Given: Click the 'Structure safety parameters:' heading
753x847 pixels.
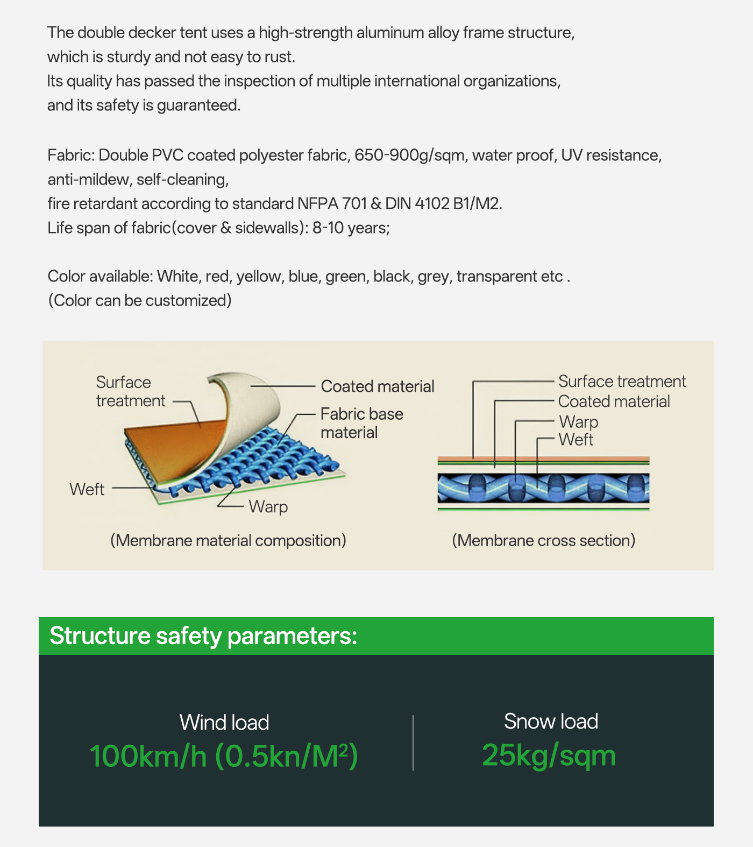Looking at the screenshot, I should (203, 636).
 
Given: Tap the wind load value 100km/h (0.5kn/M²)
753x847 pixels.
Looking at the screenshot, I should (224, 756).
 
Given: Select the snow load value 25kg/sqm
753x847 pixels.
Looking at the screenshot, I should (549, 755).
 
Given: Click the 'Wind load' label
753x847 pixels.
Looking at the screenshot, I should (224, 722).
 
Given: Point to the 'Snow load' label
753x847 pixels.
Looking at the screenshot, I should (551, 721).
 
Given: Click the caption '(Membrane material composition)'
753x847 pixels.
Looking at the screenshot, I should (228, 540).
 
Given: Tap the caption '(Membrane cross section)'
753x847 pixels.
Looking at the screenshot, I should (543, 540).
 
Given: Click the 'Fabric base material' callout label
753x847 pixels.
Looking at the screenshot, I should (361, 423).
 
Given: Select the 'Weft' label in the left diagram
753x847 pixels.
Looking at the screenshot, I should (87, 489).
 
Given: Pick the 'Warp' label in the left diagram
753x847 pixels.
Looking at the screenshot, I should (268, 506).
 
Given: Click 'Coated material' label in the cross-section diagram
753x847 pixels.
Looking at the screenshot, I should (614, 401).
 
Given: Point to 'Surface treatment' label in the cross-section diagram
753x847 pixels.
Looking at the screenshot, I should (622, 382).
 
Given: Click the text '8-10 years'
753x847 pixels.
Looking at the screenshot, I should (350, 228).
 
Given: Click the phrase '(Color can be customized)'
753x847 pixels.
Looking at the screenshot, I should (140, 300).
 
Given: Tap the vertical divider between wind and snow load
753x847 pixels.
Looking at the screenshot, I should (413, 743).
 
